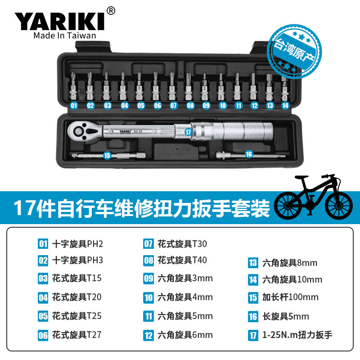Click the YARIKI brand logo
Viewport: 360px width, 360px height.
tap(59, 21)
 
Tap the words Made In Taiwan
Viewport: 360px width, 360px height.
tap(64, 36)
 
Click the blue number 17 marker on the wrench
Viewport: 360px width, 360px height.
tap(188, 132)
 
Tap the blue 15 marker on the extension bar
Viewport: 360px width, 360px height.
tap(107, 156)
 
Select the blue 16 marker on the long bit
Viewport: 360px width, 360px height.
tap(249, 154)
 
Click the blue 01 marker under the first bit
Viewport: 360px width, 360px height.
tap(74, 106)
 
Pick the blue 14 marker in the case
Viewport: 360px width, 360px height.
tap(285, 106)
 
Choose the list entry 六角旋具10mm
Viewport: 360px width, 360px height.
tap(292, 279)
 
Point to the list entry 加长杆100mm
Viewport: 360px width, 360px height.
tap(290, 297)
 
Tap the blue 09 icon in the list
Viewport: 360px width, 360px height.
tap(148, 278)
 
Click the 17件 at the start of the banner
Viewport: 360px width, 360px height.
tap(31, 207)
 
